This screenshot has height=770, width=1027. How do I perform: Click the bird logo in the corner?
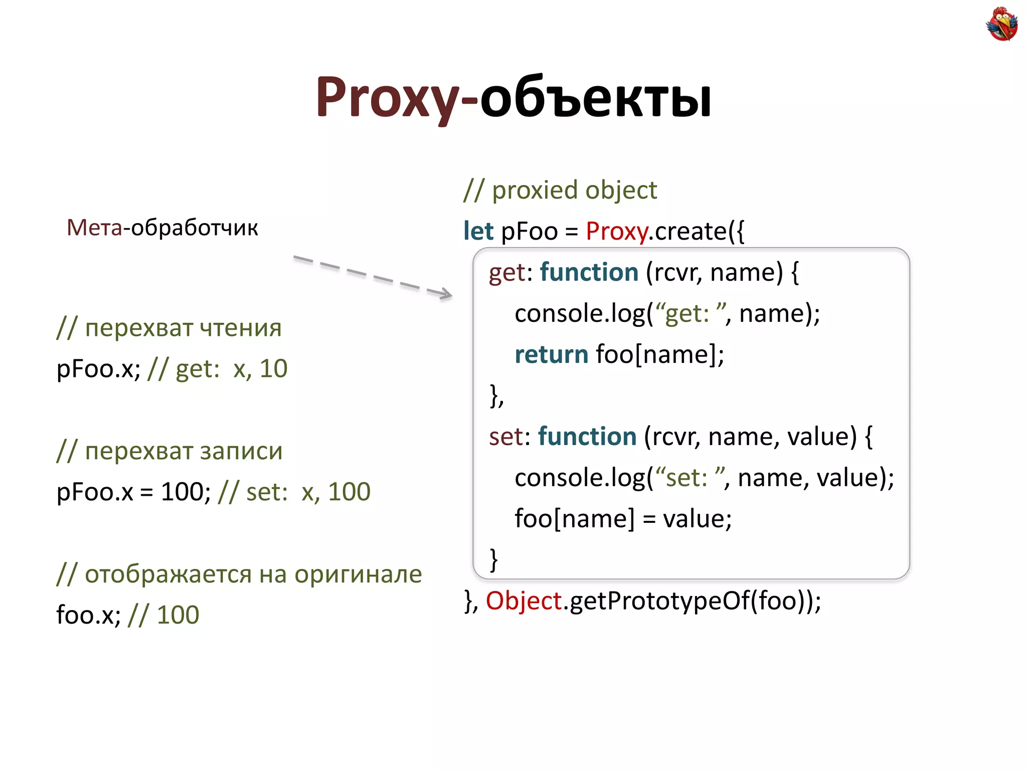(1001, 24)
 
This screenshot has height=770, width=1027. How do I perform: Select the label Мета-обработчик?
(162, 228)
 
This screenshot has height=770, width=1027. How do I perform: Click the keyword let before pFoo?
(478, 231)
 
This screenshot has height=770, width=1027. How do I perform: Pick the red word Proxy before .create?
(617, 232)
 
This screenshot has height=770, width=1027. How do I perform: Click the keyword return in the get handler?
(551, 354)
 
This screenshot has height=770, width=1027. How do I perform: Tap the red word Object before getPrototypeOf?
(524, 601)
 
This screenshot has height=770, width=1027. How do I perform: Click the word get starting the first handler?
(507, 273)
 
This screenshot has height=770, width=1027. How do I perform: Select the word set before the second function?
(506, 437)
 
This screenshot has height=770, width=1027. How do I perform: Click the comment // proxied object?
(560, 190)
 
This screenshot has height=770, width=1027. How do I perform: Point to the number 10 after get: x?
(273, 369)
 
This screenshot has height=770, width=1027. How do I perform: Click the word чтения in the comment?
(240, 328)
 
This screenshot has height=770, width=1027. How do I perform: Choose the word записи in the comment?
(241, 451)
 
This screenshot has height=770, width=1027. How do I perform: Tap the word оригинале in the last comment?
(358, 574)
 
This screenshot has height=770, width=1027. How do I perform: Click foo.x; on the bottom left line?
(88, 615)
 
